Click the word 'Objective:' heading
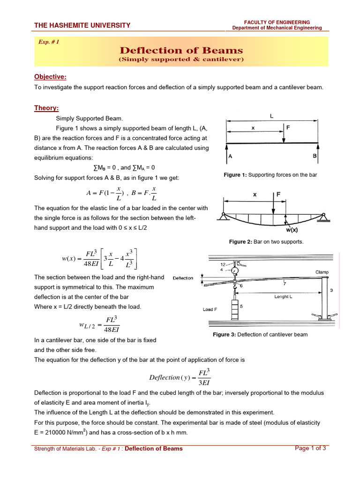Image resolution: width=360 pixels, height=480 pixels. tap(50, 77)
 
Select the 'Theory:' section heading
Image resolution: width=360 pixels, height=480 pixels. tap(46, 108)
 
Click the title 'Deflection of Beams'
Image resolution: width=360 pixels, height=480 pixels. tap(181, 51)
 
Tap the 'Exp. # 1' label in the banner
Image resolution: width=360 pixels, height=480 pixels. tap(49, 42)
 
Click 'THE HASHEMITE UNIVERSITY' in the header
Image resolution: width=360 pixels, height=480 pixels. tap(82, 25)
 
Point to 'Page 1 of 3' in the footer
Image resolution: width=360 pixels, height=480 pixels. tap(310, 448)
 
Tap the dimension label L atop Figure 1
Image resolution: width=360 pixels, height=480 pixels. tap(272, 115)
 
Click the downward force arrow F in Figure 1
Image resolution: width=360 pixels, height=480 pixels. tap(284, 135)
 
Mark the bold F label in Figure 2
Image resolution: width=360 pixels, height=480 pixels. tap(278, 194)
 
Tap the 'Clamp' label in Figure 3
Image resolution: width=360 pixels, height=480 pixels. tap(322, 272)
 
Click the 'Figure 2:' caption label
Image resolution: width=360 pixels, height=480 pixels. tap(241, 242)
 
